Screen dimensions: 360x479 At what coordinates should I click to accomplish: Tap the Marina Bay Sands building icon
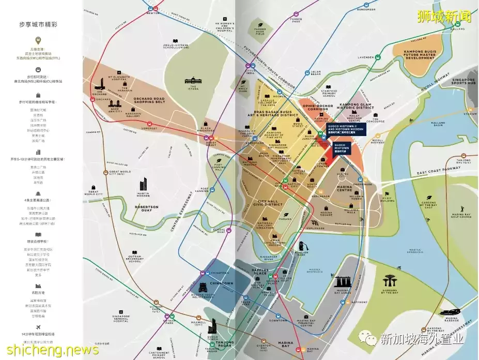click(344, 282)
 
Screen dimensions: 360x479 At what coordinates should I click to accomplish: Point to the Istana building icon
click(193, 82)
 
